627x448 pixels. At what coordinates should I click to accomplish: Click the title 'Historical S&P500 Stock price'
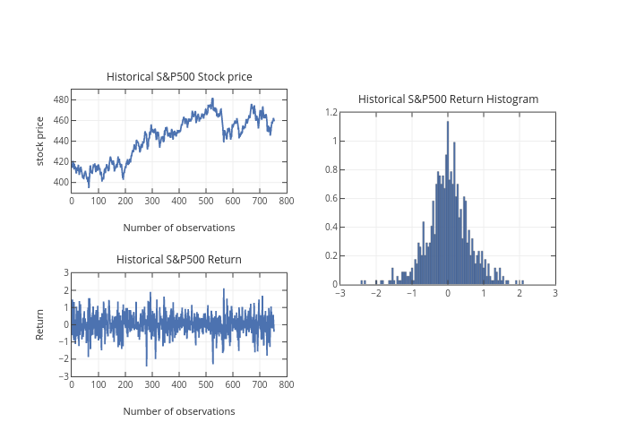pos(179,77)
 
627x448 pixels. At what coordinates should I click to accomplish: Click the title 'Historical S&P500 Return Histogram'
pos(448,99)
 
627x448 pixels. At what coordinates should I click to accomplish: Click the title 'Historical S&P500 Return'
pos(179,260)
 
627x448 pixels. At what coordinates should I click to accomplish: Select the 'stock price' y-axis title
pos(40,141)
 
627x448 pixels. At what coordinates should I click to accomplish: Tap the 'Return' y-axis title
pos(40,324)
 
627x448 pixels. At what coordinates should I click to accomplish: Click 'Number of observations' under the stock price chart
pos(179,228)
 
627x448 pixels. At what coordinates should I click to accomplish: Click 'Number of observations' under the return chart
pos(179,411)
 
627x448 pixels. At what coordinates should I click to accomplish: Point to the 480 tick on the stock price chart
pos(61,99)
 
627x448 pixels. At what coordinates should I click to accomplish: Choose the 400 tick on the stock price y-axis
pos(61,183)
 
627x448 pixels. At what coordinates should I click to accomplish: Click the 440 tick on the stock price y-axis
pos(61,142)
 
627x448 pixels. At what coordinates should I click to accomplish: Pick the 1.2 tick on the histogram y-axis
pos(331,113)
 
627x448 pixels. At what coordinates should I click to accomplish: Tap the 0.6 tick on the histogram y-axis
pos(331,199)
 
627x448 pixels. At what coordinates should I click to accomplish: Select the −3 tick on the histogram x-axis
pos(339,293)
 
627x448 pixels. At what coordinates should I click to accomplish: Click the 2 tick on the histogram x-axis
pos(520,293)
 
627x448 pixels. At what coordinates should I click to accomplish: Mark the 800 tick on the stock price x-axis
pos(287,201)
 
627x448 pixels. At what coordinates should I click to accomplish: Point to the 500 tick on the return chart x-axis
pos(206,384)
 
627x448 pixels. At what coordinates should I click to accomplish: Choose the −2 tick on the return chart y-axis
pos(64,358)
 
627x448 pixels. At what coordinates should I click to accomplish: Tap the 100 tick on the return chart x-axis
pos(99,384)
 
